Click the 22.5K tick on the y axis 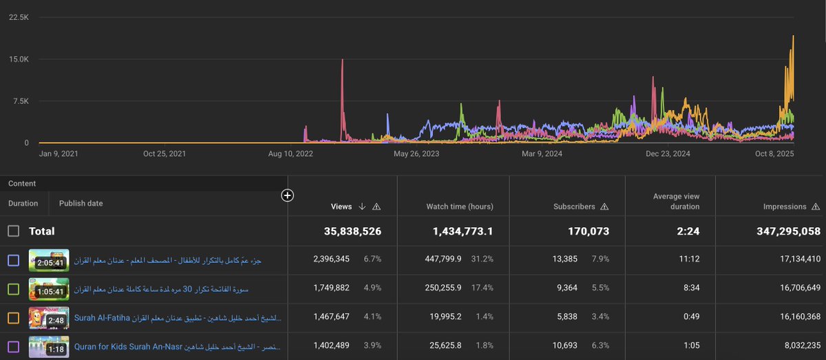click(x=19, y=17)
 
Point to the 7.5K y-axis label click(x=19, y=101)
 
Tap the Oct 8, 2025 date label click(x=772, y=154)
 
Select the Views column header click(x=341, y=207)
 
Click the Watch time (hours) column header click(x=458, y=207)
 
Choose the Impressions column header click(x=784, y=207)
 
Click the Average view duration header click(x=676, y=202)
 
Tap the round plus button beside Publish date click(x=288, y=196)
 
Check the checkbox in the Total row click(x=14, y=231)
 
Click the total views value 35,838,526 click(x=352, y=231)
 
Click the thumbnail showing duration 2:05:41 click(x=49, y=260)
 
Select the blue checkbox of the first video click(x=14, y=260)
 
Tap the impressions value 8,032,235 click(x=792, y=346)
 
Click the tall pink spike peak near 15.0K click(x=342, y=61)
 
